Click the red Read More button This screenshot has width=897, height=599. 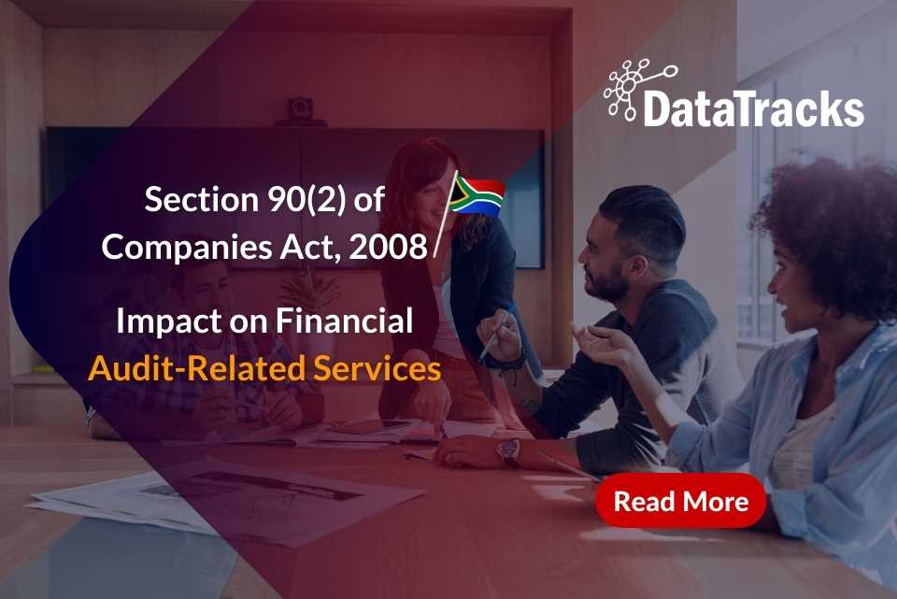coord(680,502)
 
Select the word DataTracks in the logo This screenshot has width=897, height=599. coord(753,108)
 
